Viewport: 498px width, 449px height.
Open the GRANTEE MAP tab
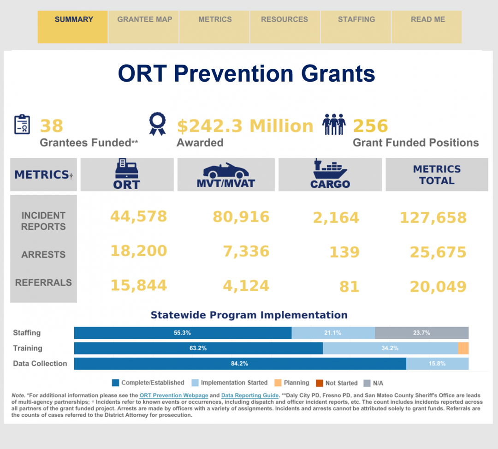(x=144, y=20)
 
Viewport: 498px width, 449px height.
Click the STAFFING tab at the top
(x=356, y=20)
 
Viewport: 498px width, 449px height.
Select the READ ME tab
(x=427, y=20)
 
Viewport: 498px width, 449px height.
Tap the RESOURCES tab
(x=284, y=20)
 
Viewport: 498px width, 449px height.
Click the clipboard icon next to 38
(x=22, y=125)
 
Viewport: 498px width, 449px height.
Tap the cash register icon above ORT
(x=126, y=168)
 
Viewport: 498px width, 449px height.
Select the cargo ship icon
(x=330, y=169)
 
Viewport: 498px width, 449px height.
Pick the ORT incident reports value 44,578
(x=138, y=216)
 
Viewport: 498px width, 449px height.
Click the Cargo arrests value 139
(x=344, y=252)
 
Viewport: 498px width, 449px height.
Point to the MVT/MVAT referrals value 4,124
(x=246, y=286)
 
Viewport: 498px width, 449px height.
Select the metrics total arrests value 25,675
(x=438, y=252)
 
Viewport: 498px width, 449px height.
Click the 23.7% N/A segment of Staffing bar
(x=421, y=333)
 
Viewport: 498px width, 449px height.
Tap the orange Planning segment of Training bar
(x=463, y=348)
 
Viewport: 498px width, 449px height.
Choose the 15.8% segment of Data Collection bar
(x=437, y=364)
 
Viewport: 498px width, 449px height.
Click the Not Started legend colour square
(x=319, y=383)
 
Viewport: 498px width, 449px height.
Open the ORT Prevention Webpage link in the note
(x=173, y=395)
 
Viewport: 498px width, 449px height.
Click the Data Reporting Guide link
(x=249, y=395)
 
